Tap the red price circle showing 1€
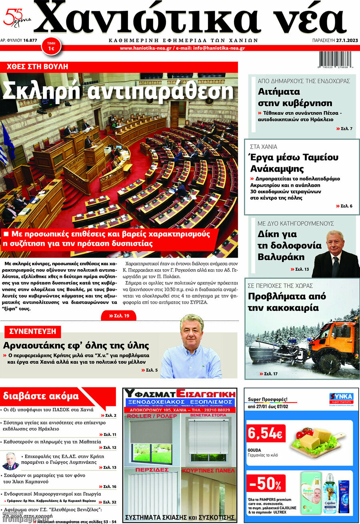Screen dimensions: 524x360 (x=51, y=46)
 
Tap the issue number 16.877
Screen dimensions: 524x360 (x=30, y=40)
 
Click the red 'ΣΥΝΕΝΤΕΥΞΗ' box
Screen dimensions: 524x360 (x=33, y=332)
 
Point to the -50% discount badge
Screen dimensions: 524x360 (x=266, y=484)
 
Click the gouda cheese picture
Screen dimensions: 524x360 (x=316, y=441)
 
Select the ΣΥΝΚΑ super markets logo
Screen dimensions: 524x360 (x=341, y=398)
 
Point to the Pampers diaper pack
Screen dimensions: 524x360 (x=311, y=493)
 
